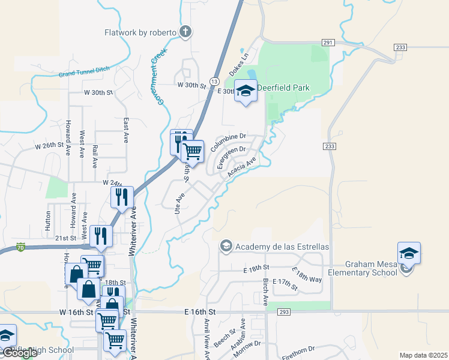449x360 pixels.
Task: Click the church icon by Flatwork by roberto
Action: (x=185, y=32)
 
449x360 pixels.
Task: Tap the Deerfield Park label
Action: (x=283, y=88)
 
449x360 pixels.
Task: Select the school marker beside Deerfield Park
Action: (x=245, y=91)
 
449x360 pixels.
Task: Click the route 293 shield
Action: (x=285, y=312)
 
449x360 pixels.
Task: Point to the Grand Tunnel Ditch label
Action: (x=84, y=73)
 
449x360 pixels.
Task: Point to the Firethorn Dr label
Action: (x=298, y=352)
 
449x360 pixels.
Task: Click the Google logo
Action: (x=20, y=353)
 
